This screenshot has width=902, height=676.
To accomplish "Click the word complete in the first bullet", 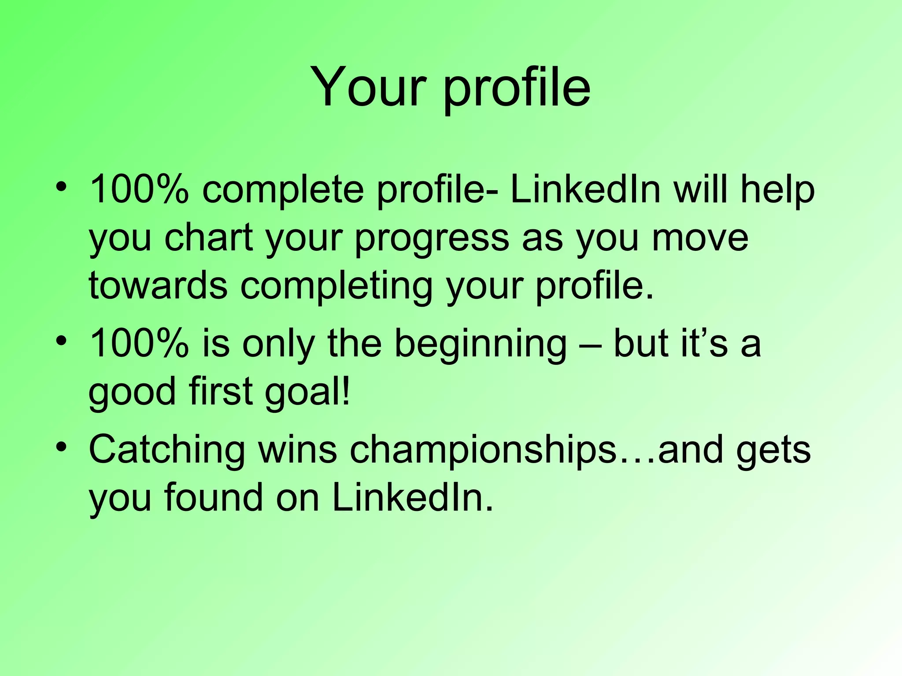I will coord(283,190).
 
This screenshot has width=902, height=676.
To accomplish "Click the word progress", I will coord(432,240).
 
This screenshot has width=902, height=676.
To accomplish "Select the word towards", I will coord(158,285).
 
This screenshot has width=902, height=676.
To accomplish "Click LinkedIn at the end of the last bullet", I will coord(411,497).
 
